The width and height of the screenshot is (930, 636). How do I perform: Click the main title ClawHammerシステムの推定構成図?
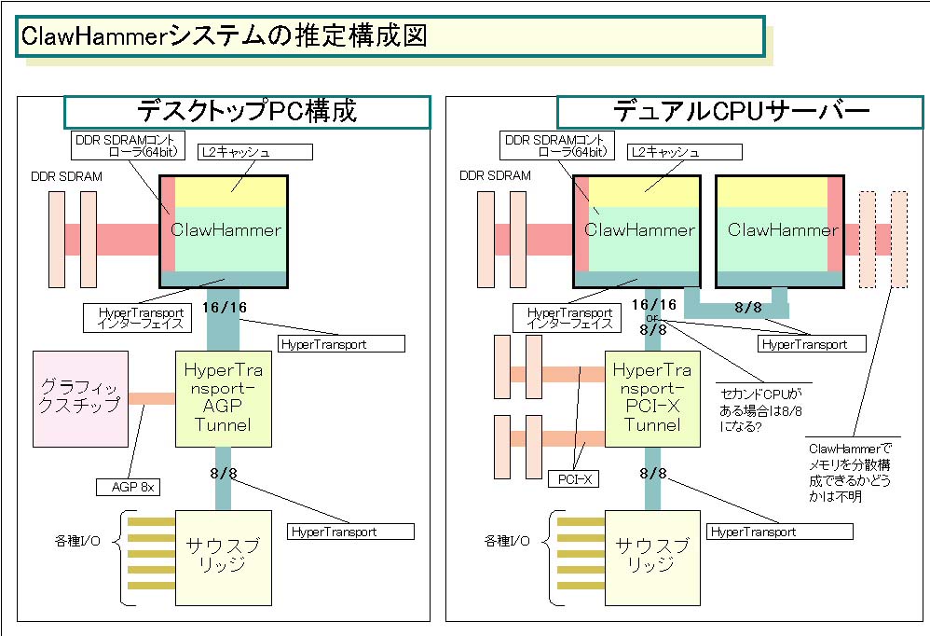pyautogui.click(x=225, y=35)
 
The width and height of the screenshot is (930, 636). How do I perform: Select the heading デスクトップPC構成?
pyautogui.click(x=247, y=112)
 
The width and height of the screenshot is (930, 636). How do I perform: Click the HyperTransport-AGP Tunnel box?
pyautogui.click(x=224, y=399)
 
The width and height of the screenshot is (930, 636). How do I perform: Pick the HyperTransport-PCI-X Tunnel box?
pyautogui.click(x=652, y=399)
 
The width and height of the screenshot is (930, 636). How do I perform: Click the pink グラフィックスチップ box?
pyautogui.click(x=81, y=399)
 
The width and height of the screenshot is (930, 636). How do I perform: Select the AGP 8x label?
pyautogui.click(x=128, y=487)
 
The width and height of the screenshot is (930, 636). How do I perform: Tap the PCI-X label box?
pyautogui.click(x=575, y=479)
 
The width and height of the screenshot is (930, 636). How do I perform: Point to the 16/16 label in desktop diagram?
pyautogui.click(x=224, y=308)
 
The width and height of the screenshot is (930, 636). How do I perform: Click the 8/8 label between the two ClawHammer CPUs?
pyautogui.click(x=748, y=308)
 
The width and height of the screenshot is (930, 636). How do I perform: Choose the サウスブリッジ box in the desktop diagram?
pyautogui.click(x=224, y=558)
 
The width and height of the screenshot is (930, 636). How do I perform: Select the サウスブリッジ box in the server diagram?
pyautogui.click(x=652, y=558)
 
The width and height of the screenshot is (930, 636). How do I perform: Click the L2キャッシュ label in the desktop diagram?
pyautogui.click(x=255, y=152)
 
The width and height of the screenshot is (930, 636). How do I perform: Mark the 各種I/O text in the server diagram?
pyautogui.click(x=507, y=541)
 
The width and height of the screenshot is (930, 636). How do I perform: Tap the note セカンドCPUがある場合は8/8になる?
pyautogui.click(x=761, y=410)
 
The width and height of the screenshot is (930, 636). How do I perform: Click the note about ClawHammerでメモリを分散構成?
pyautogui.click(x=849, y=472)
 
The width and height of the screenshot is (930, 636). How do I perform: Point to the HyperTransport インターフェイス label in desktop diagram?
pyautogui.click(x=141, y=318)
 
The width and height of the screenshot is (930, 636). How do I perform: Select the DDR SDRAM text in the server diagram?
pyautogui.click(x=495, y=175)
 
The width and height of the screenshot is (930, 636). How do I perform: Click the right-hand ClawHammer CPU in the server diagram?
pyautogui.click(x=779, y=231)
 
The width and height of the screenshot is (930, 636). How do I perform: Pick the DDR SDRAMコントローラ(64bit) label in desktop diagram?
pyautogui.click(x=128, y=146)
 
